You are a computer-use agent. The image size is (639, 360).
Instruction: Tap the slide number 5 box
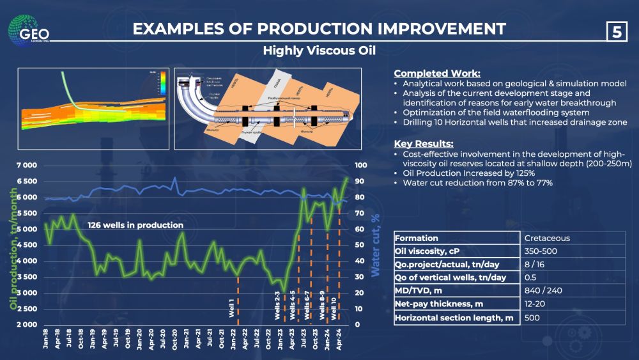click(x=616, y=32)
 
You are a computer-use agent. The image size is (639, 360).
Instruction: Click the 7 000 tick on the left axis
click(x=24, y=166)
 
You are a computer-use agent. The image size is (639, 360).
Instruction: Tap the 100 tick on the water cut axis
click(x=362, y=166)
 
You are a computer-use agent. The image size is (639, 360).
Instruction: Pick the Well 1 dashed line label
click(x=232, y=308)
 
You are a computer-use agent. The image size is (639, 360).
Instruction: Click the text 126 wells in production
click(x=135, y=225)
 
